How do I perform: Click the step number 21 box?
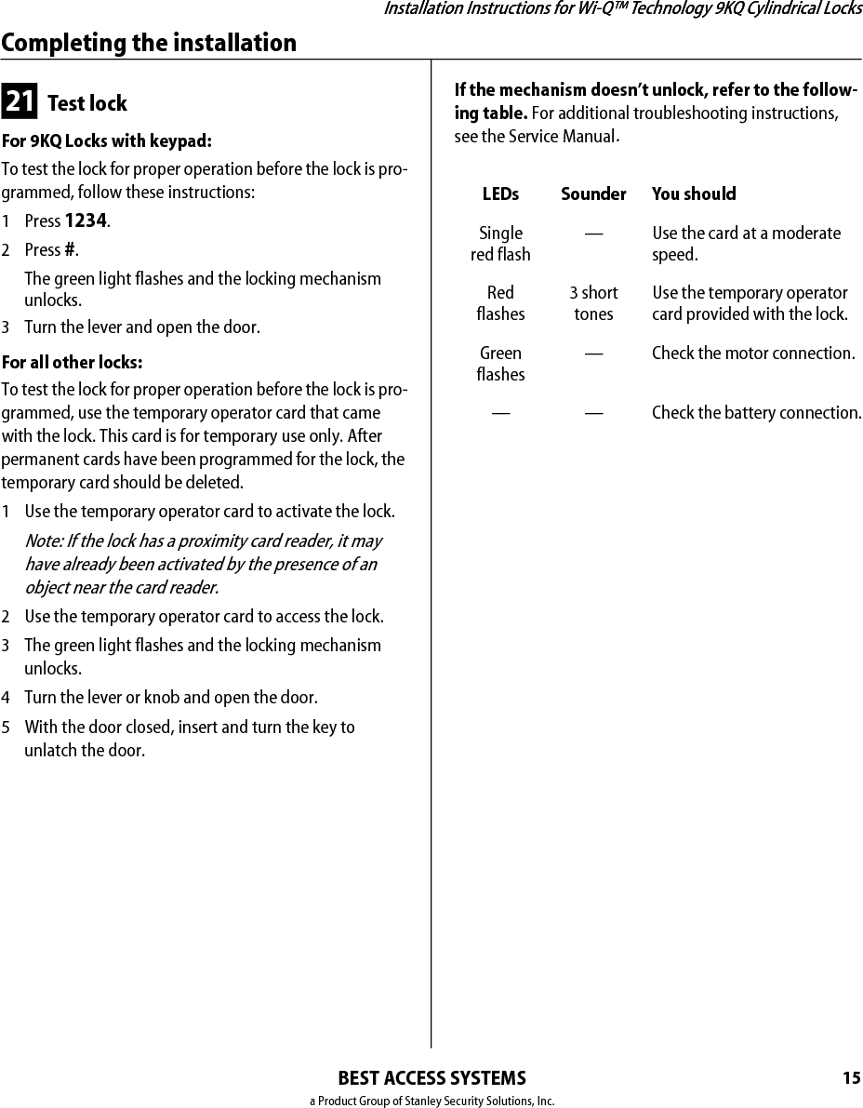tap(20, 101)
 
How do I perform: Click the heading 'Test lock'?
tap(86, 103)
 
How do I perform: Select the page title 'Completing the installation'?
tap(149, 43)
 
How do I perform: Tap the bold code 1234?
tap(86, 221)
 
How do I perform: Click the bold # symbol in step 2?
tap(70, 250)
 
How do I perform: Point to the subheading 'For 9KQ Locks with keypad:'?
tap(107, 141)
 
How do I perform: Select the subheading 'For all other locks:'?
tap(72, 362)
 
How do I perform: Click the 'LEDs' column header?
tap(500, 194)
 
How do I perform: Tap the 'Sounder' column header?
tap(593, 194)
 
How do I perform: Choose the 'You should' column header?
tap(694, 194)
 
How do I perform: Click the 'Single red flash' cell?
tap(500, 244)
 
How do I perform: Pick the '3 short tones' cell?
tap(593, 303)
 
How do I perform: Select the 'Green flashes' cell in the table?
tap(500, 364)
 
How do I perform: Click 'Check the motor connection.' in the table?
tap(753, 354)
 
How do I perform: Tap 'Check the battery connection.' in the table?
tap(756, 412)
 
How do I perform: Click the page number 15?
tap(851, 1078)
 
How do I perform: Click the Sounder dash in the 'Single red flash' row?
tap(593, 234)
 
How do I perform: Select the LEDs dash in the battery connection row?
tap(500, 413)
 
